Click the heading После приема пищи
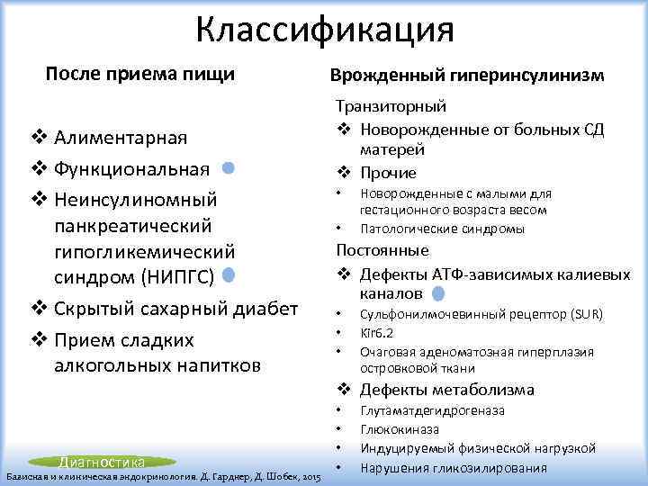139,74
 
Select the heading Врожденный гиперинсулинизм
467,77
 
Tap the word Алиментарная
121,138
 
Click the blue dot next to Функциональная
229,167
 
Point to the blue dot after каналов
437,293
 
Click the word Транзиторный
391,107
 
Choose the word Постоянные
382,250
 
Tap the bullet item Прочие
389,173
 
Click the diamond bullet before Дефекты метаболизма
343,391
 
